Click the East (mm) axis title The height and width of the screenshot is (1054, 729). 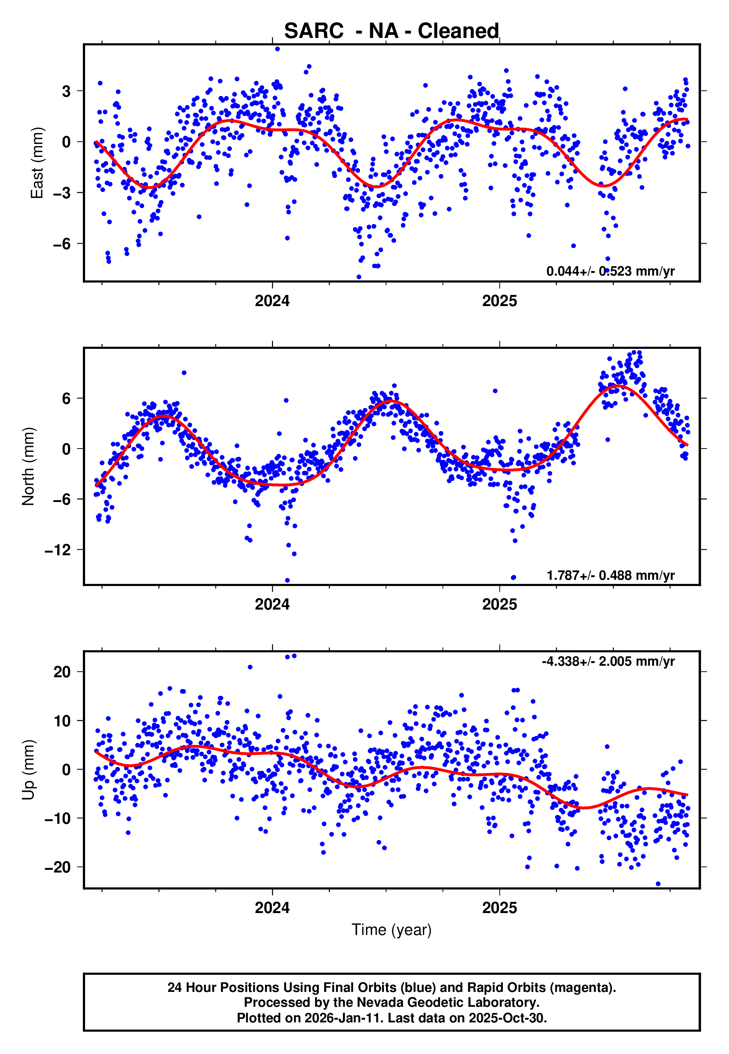pos(36,163)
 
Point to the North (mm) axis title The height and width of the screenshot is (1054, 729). pos(28,466)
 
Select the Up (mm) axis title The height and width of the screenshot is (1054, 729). pos(28,770)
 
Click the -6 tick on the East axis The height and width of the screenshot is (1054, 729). pos(62,244)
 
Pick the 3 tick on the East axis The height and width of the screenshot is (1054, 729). pos(66,91)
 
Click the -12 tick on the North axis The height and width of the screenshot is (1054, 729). pos(58,550)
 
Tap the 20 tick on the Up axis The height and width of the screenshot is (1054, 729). pos(62,672)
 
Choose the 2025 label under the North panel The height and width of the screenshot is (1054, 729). pos(499,604)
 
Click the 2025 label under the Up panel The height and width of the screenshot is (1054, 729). pos(499,908)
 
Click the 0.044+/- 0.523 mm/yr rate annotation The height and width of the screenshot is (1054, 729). pos(610,271)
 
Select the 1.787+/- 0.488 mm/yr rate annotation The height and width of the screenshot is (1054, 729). pos(610,575)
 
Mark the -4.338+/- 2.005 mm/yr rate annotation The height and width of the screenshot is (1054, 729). pos(608,661)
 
